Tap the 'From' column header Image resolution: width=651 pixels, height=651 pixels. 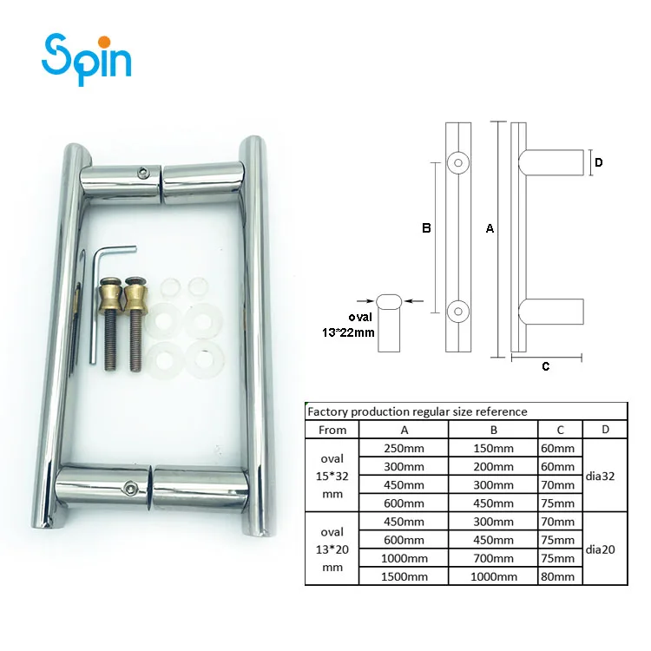[332, 430]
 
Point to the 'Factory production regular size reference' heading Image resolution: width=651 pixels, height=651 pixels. [417, 411]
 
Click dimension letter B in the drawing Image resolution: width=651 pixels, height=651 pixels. [426, 229]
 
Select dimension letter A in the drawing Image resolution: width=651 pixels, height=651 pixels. [490, 230]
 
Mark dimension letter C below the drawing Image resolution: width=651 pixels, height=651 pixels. [545, 366]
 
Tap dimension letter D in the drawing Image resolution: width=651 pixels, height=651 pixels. [599, 162]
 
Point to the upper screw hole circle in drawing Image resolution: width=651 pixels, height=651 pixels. [457, 162]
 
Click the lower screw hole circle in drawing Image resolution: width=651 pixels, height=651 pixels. [457, 310]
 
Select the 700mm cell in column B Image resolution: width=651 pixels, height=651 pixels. [492, 558]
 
